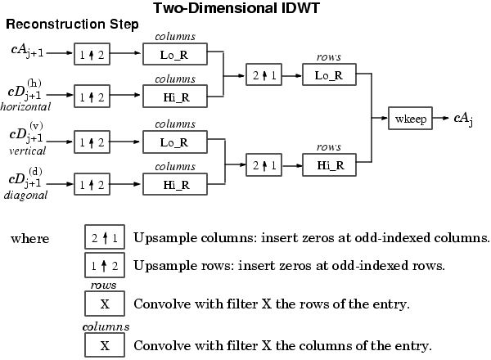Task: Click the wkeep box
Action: click(410, 119)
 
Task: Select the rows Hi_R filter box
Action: click(329, 164)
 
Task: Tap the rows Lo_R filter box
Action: click(329, 74)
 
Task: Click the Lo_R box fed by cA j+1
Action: click(175, 54)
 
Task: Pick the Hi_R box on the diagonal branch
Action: click(175, 184)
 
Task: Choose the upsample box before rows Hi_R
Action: click(264, 164)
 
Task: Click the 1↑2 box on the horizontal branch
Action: click(92, 96)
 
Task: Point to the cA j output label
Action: click(463, 119)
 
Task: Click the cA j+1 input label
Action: click(27, 51)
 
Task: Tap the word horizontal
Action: click(25, 106)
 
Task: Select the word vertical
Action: click(27, 151)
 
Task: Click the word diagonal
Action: click(25, 195)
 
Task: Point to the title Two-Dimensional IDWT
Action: click(236, 8)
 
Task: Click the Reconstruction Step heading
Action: click(72, 24)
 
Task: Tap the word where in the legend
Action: click(30, 239)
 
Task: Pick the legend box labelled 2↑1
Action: click(105, 237)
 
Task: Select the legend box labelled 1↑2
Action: click(105, 265)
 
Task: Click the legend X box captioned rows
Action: click(105, 304)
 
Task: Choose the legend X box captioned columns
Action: click(105, 345)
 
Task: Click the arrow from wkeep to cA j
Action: click(441, 118)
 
